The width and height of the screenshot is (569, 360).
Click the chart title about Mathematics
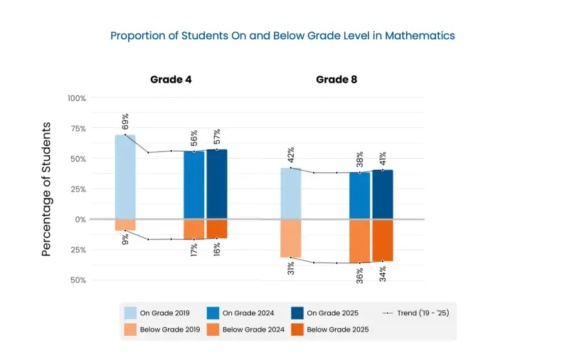[282, 35]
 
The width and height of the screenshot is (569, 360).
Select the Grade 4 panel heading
[171, 79]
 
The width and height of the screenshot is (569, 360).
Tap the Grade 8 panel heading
[336, 79]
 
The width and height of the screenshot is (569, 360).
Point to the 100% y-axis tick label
[77, 98]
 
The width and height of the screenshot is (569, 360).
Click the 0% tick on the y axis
[79, 219]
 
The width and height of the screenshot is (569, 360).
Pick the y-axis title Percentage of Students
[46, 189]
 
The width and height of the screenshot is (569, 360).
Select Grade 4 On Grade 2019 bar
[125, 176]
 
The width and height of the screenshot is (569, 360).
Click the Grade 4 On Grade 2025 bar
[217, 184]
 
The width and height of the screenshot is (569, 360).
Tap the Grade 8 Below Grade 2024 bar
[360, 241]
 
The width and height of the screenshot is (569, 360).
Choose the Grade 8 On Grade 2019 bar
[291, 194]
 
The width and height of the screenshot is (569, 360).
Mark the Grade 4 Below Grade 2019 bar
[125, 225]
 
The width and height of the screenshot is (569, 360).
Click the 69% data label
[125, 122]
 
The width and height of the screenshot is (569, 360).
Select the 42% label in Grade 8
[291, 155]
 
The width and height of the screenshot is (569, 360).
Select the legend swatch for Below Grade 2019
[130, 329]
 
